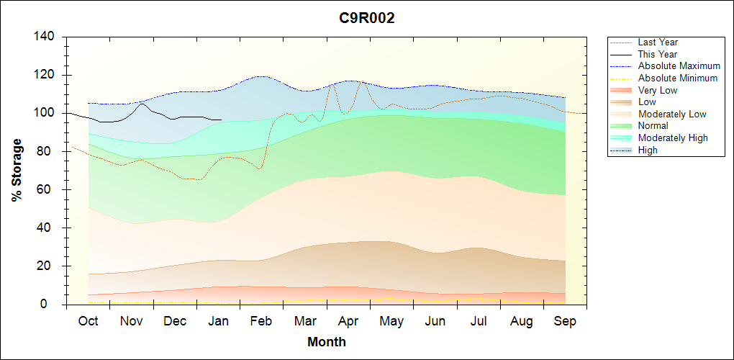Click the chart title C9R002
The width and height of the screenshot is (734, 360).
tap(367, 19)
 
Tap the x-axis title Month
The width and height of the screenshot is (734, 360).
tap(326, 341)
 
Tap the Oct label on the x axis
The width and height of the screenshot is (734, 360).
tap(88, 321)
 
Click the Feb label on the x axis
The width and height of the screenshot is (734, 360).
tap(261, 321)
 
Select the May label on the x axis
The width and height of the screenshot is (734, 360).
tap(391, 321)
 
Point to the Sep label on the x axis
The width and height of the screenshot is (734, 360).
tap(565, 321)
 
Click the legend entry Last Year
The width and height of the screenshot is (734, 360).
tap(658, 42)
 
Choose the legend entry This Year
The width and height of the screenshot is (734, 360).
tap(658, 54)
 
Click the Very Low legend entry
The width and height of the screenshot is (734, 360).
tap(658, 90)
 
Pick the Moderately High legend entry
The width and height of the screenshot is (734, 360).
tap(673, 138)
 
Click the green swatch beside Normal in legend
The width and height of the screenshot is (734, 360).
tap(622, 126)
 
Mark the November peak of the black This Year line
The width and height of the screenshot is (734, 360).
tap(142, 104)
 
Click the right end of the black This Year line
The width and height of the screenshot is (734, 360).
tap(221, 120)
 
